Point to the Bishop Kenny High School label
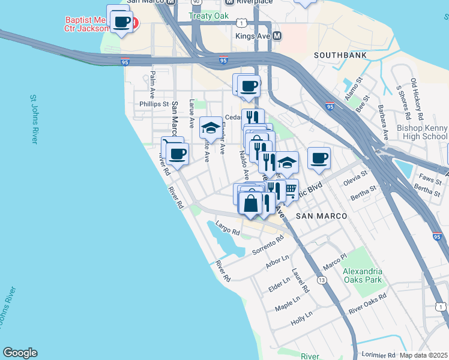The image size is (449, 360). tap(422, 132)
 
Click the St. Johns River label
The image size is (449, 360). tap(34, 118)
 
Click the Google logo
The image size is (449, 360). tap(20, 353)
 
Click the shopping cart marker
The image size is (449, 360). tap(290, 190)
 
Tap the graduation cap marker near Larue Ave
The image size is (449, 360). tap(210, 128)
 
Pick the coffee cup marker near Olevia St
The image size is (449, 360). tap(319, 158)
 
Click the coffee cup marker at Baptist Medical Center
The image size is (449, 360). tap(122, 22)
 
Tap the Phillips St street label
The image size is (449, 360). tap(152, 104)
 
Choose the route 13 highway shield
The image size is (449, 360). tap(322, 280)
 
